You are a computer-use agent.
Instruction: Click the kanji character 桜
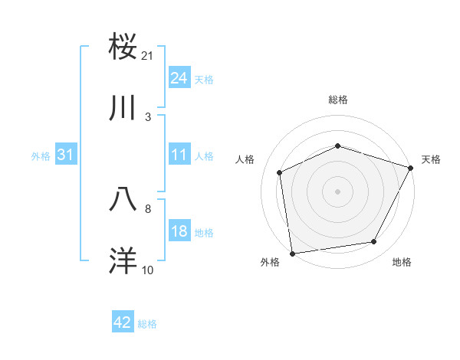123,47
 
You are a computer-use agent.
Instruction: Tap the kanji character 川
123,109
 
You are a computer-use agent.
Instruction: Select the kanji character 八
123,199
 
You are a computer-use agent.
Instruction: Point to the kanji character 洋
123,260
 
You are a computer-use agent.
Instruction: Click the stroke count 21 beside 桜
148,56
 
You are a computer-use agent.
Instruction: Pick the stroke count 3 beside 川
148,117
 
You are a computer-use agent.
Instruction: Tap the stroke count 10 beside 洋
148,270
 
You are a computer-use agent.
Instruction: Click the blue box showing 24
179,78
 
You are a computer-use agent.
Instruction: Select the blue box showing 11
179,155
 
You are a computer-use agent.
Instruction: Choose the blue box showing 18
179,231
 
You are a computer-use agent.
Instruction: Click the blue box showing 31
66,155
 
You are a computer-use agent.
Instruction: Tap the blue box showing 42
123,322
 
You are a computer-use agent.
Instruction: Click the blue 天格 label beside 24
204,80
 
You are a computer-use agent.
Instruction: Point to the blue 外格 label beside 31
41,156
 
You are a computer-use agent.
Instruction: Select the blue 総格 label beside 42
147,324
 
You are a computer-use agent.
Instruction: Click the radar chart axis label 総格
338,100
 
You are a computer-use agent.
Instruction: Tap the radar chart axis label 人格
245,159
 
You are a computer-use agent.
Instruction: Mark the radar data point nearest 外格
292,252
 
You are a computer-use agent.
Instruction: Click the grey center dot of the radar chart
337,191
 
